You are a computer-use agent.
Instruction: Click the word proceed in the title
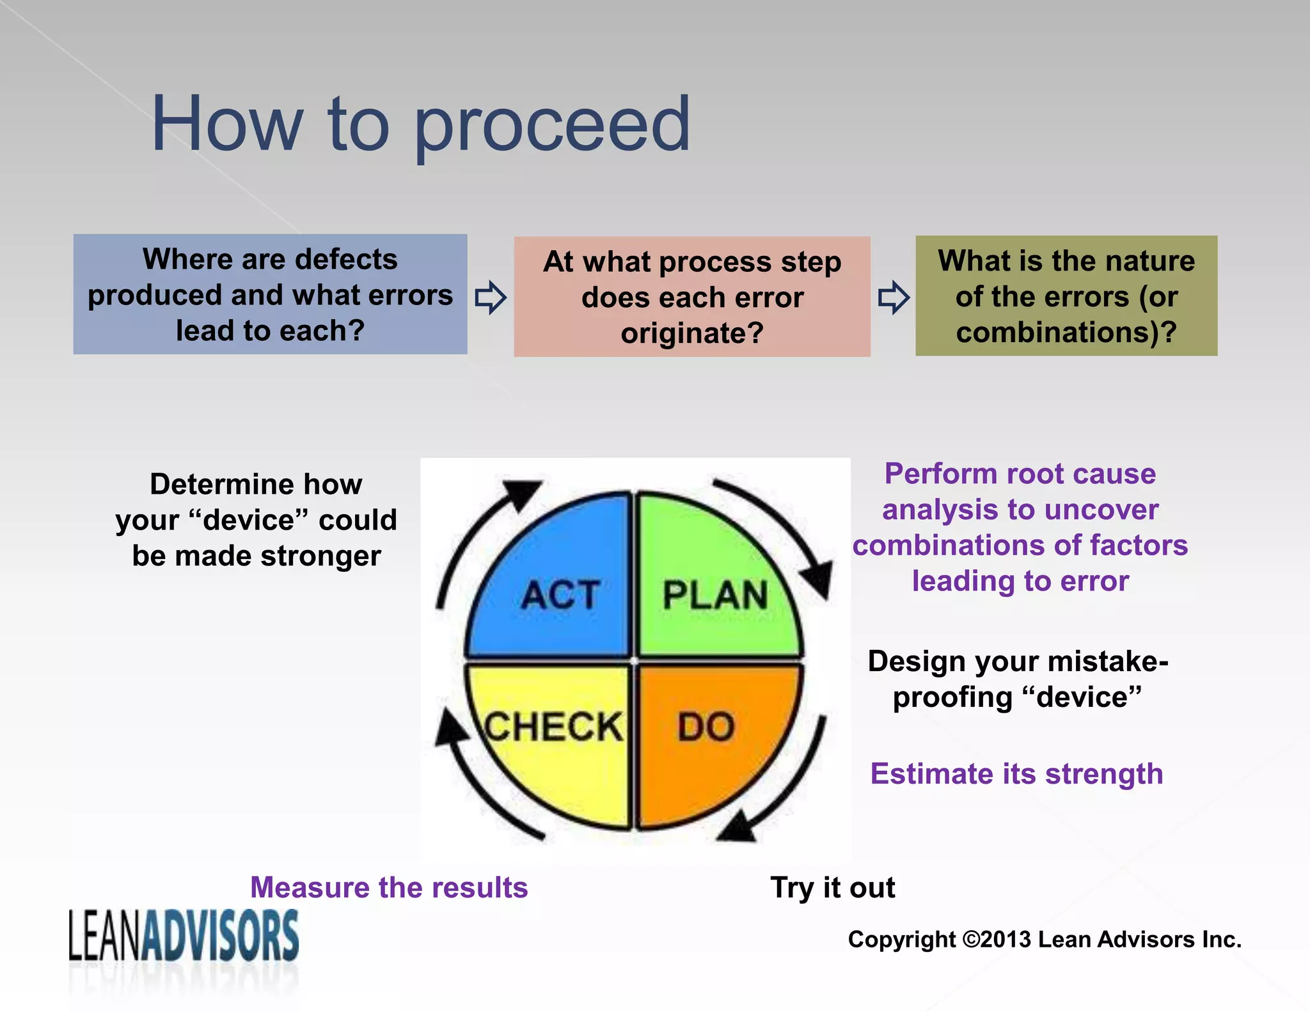(x=553, y=125)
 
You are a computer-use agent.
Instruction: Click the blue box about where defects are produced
(x=270, y=294)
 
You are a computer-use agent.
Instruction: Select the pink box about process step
(x=692, y=297)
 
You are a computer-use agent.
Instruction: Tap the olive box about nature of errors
(x=1066, y=296)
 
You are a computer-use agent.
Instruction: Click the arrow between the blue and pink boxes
(x=491, y=297)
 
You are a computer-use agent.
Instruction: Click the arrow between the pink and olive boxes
(x=894, y=297)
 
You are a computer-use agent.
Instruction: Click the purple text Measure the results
(x=389, y=888)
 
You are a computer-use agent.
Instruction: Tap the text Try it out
(x=832, y=888)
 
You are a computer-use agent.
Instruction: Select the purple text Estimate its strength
(x=1016, y=774)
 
